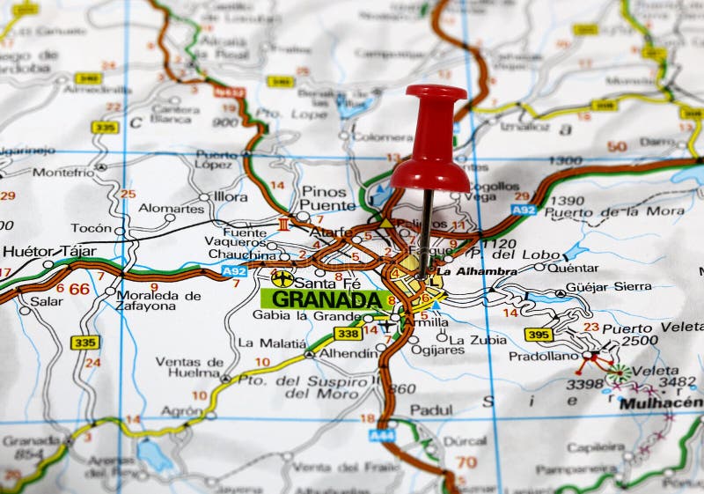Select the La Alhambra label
click(476, 271)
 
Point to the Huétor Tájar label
click(49, 251)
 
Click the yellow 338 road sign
click(348, 334)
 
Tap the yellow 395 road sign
click(538, 334)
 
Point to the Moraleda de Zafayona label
click(158, 301)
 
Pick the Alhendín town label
click(348, 353)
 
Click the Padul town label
click(431, 409)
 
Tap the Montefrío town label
click(63, 173)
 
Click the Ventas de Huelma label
click(189, 366)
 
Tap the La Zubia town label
click(478, 339)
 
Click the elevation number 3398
click(584, 384)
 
